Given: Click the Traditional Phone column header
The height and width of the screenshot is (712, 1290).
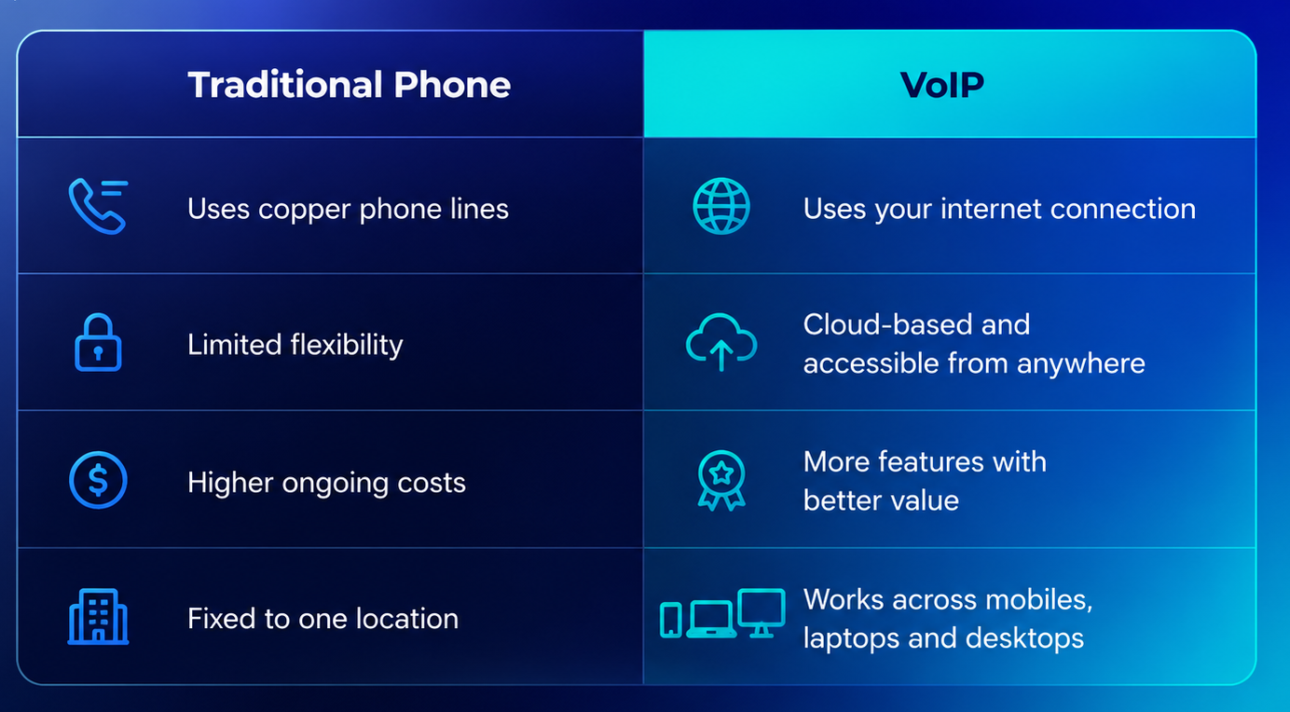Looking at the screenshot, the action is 349,85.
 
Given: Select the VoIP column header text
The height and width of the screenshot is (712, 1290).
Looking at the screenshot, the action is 942,85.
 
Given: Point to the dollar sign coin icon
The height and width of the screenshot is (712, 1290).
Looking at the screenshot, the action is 98,480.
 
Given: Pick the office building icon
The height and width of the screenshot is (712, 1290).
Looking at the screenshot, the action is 98,616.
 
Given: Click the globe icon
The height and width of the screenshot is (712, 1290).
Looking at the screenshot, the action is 721,206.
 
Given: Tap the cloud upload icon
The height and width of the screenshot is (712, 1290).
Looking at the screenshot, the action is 721,342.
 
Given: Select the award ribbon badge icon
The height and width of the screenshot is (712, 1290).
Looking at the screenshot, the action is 721,480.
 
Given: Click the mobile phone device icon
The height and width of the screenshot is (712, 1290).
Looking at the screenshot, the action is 671,620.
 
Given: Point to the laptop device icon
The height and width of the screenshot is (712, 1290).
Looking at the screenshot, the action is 711,620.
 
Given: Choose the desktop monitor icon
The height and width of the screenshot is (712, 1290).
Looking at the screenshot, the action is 762,612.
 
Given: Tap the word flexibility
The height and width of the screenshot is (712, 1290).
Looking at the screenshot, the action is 347,345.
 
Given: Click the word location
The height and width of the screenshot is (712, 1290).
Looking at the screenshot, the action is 407,619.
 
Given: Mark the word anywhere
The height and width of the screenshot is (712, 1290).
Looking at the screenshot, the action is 1081,364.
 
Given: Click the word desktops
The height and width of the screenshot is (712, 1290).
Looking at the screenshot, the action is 1024,638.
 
